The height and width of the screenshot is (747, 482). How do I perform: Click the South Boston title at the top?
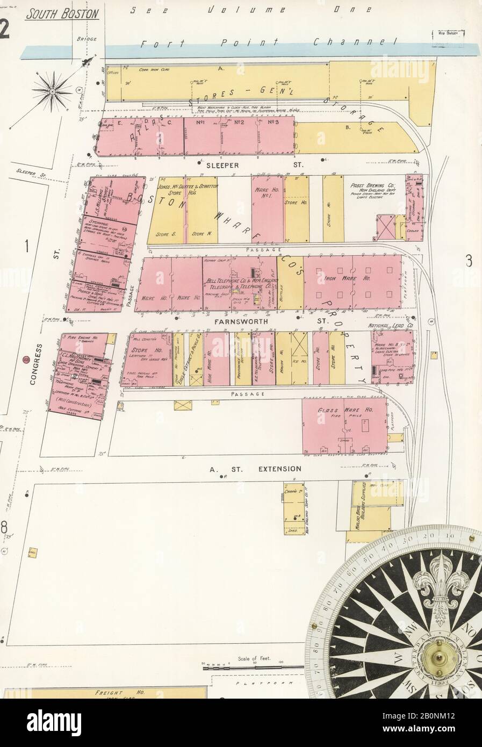pos(62,13)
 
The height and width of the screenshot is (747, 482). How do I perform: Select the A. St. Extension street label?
pos(255,469)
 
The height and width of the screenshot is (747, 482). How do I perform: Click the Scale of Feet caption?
pos(254,658)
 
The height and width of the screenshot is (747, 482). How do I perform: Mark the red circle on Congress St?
pos(25,360)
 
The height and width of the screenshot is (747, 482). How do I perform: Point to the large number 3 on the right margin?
pos(468,261)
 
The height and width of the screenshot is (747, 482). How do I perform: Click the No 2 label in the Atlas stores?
pos(239,122)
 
